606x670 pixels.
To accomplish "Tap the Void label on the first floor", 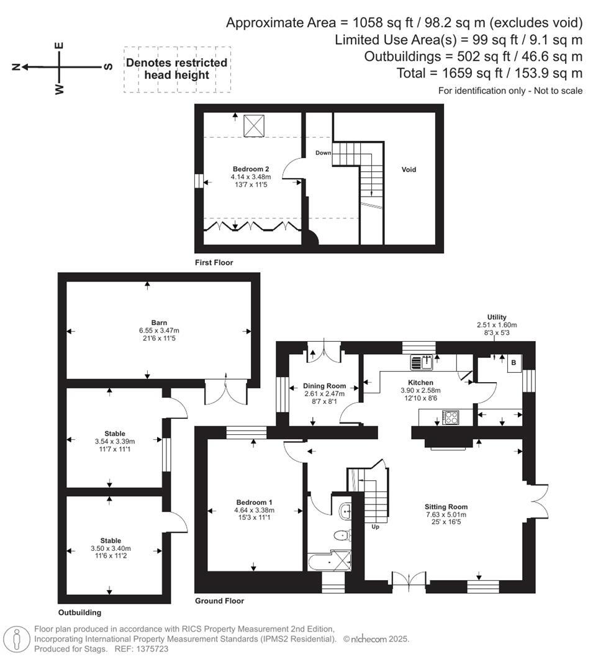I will point(408,169).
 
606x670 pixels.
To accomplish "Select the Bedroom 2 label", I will point(251,169).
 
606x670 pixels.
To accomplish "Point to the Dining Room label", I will point(324,386).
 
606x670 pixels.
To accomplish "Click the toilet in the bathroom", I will point(341,535).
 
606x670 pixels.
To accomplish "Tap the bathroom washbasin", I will point(345,511).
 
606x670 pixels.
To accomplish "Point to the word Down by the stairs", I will point(323,153).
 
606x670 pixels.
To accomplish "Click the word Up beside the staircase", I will point(375,527).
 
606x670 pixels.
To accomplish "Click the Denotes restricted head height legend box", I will point(177,69).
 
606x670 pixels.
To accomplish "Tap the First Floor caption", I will point(214,262).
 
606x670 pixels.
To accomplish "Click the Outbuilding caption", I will point(79,612).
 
